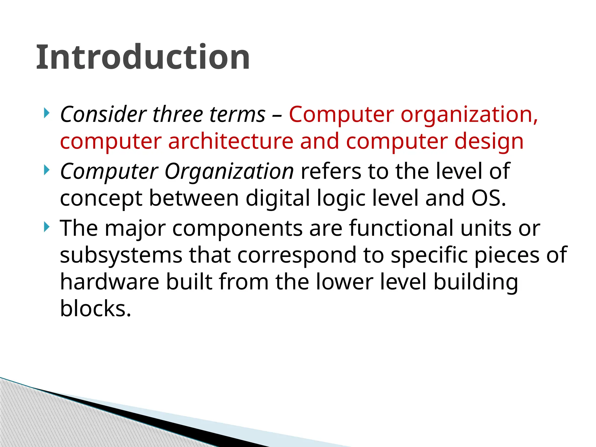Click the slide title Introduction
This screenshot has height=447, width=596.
click(143, 57)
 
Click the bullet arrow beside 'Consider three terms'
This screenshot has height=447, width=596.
click(47, 113)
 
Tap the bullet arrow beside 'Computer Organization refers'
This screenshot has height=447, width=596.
click(47, 170)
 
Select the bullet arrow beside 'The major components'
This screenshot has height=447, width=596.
click(47, 227)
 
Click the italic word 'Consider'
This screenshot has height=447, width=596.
click(103, 114)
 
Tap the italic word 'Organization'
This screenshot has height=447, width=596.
click(229, 172)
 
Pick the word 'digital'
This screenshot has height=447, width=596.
click(278, 198)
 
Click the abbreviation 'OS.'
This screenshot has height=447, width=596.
click(489, 198)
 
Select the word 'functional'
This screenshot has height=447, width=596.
click(401, 228)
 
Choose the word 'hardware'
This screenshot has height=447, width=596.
click(109, 282)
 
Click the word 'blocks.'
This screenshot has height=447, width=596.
click(95, 308)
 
